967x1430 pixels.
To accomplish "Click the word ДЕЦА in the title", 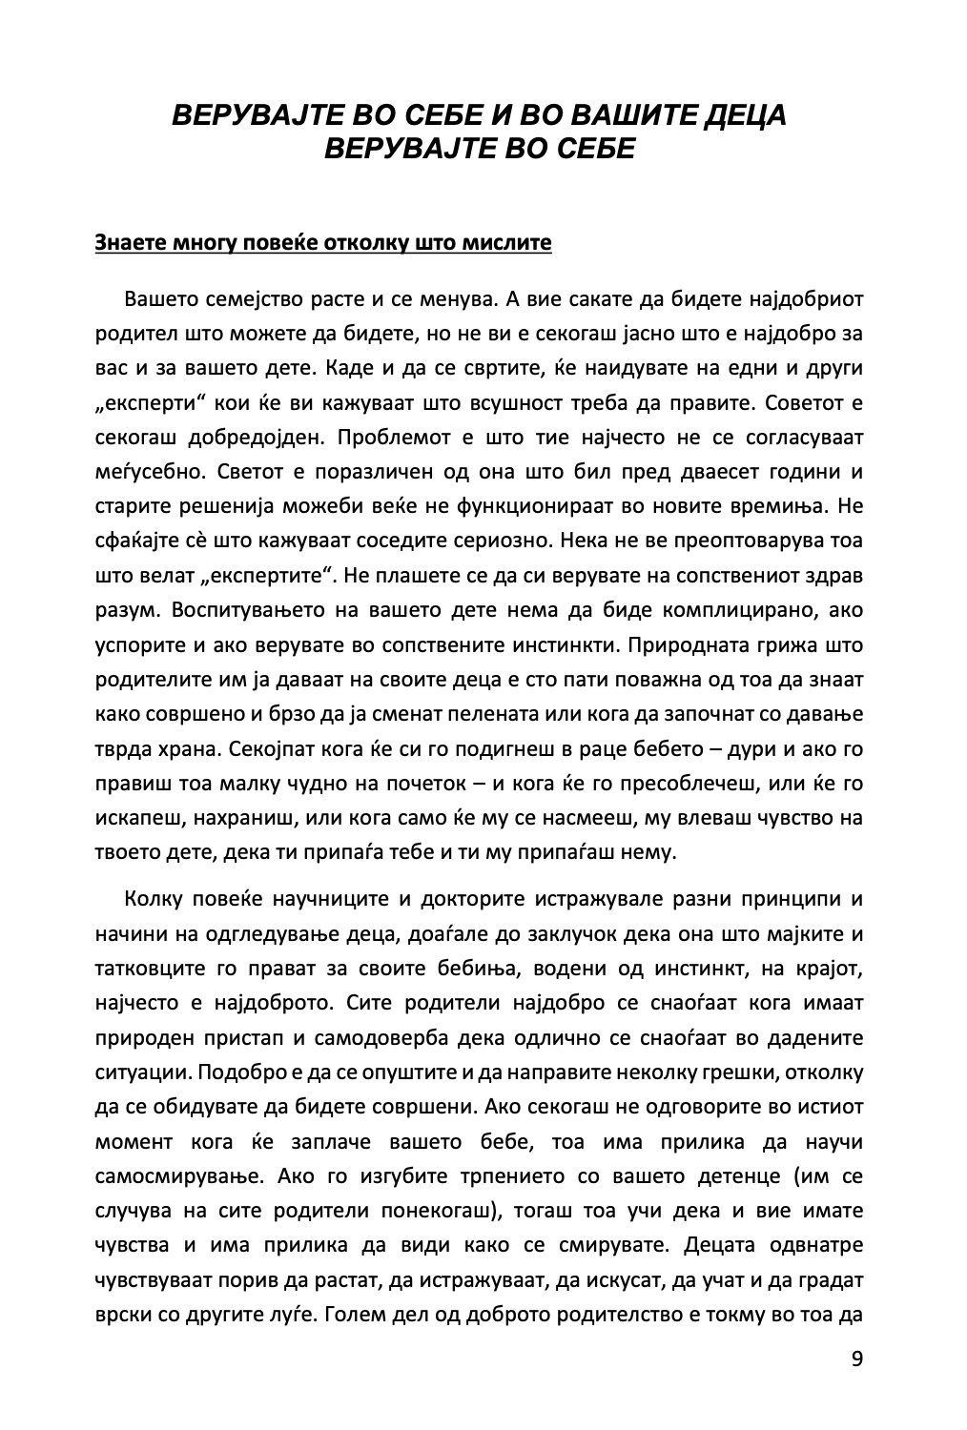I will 745,116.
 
